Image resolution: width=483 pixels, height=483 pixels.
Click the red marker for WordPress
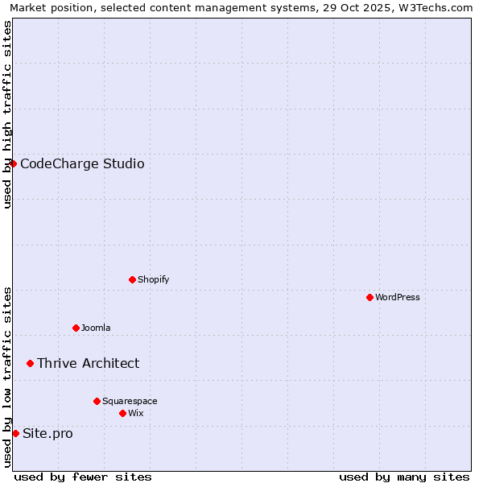[369, 297]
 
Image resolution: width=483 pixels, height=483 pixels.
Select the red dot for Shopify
[132, 279]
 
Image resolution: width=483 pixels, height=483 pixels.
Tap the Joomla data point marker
[76, 328]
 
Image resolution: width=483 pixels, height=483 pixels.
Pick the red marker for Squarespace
[97, 401]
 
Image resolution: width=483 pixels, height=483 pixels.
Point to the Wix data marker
[122, 413]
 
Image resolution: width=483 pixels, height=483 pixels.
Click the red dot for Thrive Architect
[31, 363]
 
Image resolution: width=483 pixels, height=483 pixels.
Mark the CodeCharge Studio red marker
[13, 163]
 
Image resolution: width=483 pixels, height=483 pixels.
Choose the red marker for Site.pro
[15, 433]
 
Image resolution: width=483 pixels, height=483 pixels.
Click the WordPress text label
[398, 297]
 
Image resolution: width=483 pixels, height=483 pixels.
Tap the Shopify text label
[153, 279]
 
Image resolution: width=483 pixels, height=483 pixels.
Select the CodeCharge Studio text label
[82, 164]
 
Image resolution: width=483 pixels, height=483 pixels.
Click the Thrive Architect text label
[88, 364]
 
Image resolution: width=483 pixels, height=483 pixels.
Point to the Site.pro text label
[47, 434]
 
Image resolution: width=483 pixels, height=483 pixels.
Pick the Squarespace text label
[130, 401]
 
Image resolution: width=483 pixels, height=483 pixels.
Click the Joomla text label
[96, 328]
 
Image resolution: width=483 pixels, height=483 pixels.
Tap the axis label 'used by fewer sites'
[83, 477]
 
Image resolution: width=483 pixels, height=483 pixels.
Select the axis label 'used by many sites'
[404, 477]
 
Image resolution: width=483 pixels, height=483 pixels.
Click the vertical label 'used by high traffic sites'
[8, 114]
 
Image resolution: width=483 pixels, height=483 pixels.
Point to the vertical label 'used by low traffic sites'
[8, 377]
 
